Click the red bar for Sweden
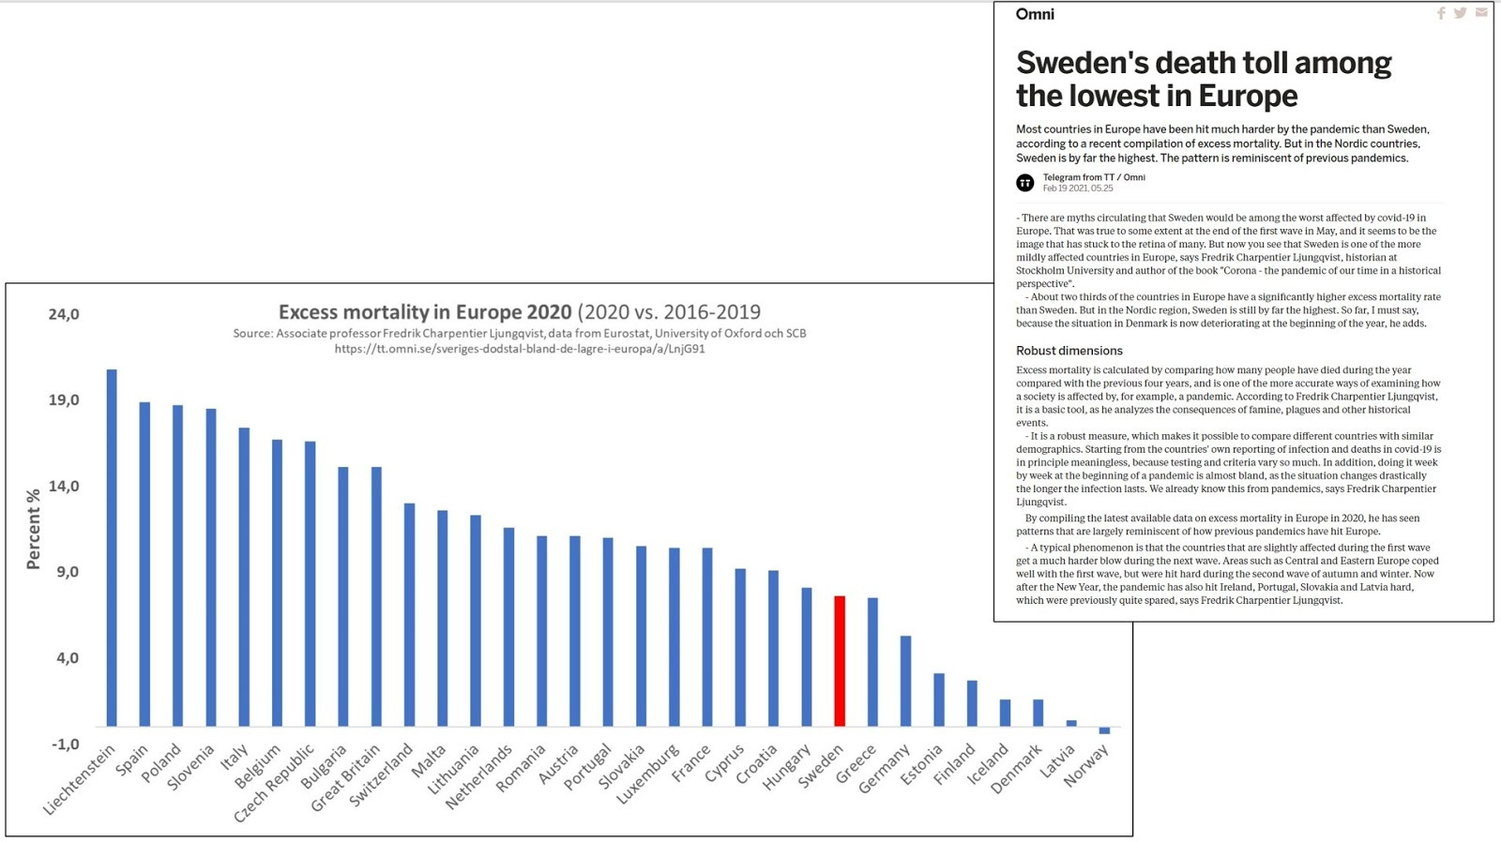pos(840,661)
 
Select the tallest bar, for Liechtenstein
pos(112,548)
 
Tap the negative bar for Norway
pos(1104,730)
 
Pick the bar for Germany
pos(905,681)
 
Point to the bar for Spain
pos(144,564)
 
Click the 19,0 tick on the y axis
pos(64,400)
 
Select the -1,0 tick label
pos(65,744)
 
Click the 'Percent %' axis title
pos(34,529)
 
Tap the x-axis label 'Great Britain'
pos(346,777)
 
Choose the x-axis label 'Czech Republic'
pos(275,783)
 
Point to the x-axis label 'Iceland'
pos(988,763)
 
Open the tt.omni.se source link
pos(520,349)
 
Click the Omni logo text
pos(1035,14)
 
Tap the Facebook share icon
pos(1441,13)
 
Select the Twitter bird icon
pos(1460,13)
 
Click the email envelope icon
pos(1481,13)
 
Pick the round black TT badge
pos(1025,183)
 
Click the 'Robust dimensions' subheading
pos(1069,351)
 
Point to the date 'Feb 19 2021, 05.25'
pos(1078,188)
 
